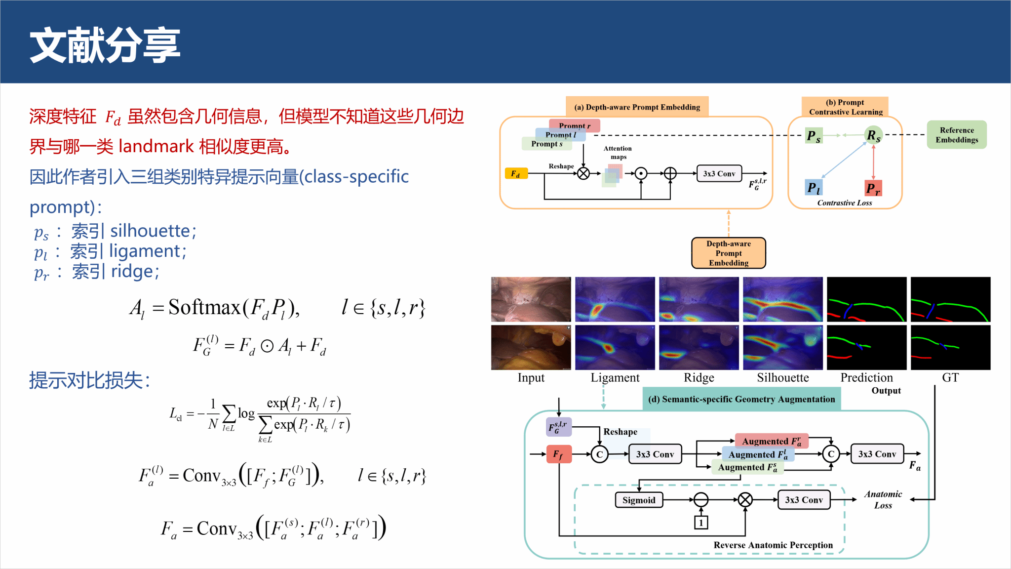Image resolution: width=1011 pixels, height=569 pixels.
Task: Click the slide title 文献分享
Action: pos(105,45)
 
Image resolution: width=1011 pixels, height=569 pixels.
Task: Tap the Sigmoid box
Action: pos(639,500)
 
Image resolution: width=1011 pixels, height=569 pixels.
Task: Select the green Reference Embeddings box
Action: pos(956,135)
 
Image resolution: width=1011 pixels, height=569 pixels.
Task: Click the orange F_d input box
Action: pos(516,173)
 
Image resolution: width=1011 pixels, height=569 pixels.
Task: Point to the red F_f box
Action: pos(559,454)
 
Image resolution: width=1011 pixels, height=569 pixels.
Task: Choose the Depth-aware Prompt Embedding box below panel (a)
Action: pos(729,253)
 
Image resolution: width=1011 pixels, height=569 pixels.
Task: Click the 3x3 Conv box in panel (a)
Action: pos(719,173)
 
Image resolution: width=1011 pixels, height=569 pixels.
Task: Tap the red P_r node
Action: pos(873,188)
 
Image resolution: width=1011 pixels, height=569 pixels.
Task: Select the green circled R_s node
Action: pos(873,135)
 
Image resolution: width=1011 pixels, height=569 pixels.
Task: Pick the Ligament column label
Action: pos(615,378)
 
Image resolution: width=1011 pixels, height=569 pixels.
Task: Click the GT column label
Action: pos(950,378)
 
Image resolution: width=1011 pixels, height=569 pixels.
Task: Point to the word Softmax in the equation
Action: pos(204,307)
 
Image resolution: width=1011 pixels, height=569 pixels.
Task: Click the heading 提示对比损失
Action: pos(89,380)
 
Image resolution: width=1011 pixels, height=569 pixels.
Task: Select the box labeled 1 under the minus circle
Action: pos(701,522)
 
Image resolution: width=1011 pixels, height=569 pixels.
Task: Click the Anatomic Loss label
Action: pos(883,499)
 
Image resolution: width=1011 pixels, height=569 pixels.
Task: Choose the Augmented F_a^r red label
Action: pos(772,441)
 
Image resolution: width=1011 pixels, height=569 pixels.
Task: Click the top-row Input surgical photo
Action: pos(531,299)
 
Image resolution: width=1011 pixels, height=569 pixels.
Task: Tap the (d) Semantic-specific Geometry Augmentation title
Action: pos(741,399)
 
